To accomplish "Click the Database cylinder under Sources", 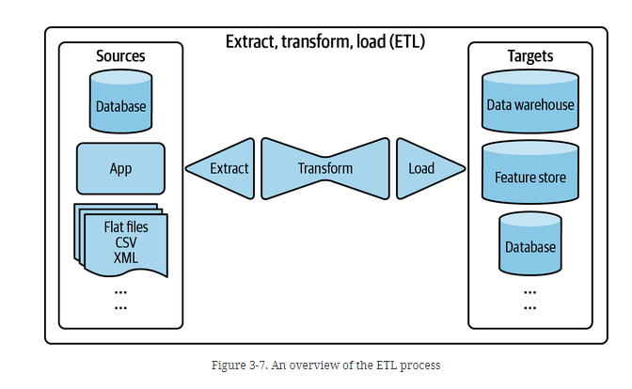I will pyautogui.click(x=121, y=105).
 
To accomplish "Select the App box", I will pyautogui.click(x=120, y=168).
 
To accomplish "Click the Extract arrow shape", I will pyautogui.click(x=222, y=168).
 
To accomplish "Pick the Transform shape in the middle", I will pyautogui.click(x=324, y=168).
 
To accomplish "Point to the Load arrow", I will pyautogui.click(x=426, y=168).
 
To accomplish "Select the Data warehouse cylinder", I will pyautogui.click(x=529, y=103).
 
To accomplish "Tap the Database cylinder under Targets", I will pyautogui.click(x=529, y=245).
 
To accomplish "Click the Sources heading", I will pyautogui.click(x=121, y=56).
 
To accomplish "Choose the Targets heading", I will pyautogui.click(x=529, y=56).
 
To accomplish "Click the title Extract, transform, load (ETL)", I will pyautogui.click(x=324, y=41).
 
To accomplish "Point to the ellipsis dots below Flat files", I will pyautogui.click(x=121, y=299).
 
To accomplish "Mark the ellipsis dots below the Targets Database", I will pyautogui.click(x=529, y=299).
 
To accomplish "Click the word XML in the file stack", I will pyautogui.click(x=126, y=257).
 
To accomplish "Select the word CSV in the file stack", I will pyautogui.click(x=126, y=241).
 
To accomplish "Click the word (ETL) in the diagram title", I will pyautogui.click(x=402, y=41).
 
